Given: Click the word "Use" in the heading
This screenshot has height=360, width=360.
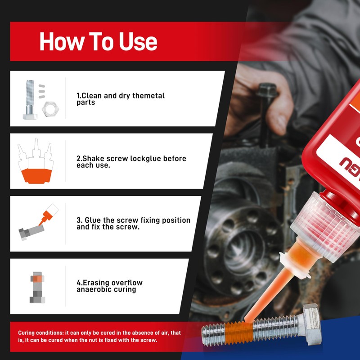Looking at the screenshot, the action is tap(138, 41).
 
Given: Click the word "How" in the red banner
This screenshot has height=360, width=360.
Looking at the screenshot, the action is tap(61, 41).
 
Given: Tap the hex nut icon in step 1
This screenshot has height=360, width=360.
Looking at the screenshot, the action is tap(50, 109).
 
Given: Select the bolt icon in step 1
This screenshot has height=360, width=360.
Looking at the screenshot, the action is tap(30, 99).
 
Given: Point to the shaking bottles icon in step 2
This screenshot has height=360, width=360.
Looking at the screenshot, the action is tap(36, 161).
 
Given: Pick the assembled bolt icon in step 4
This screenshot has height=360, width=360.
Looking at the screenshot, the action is tap(37, 288).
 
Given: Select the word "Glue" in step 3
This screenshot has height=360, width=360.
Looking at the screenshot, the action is tap(93, 220).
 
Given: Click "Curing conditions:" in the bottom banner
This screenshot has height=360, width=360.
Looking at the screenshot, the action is tap(41, 333).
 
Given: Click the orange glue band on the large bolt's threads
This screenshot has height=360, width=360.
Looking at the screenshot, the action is tap(239, 333).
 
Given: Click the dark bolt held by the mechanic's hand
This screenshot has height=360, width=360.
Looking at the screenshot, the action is tap(266, 115).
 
